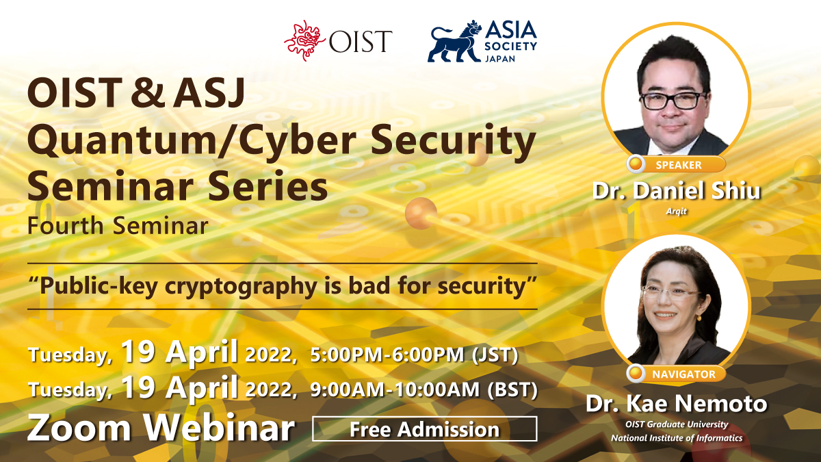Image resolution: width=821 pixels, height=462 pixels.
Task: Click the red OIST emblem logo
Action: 304,40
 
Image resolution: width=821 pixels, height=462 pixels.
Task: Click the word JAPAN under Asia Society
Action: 500,58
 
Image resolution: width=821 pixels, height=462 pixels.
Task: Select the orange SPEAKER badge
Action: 676,164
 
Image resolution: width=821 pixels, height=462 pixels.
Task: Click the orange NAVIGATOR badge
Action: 676,374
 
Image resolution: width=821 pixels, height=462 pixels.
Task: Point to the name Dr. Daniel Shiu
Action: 676,191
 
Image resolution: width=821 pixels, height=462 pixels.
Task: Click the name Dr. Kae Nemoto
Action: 676,403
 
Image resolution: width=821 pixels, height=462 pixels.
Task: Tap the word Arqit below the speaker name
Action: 676,211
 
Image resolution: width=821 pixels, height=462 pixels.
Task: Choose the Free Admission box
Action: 424,429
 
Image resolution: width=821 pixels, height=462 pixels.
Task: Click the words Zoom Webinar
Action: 161,428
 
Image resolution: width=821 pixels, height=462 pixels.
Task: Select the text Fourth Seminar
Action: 118,225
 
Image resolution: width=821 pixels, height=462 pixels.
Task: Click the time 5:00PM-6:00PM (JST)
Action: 414,355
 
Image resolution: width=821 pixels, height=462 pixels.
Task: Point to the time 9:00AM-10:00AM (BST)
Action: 423,389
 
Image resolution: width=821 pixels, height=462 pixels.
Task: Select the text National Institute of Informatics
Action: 677,438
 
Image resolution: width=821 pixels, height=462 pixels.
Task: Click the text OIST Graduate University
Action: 677,424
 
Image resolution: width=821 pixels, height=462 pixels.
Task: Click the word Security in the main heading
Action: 454,142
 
